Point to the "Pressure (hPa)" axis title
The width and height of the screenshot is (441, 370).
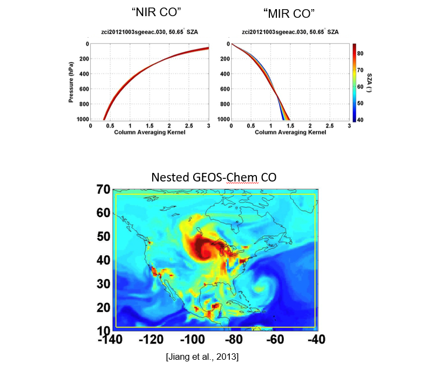point(71,81)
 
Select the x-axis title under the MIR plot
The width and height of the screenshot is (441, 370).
point(290,132)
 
